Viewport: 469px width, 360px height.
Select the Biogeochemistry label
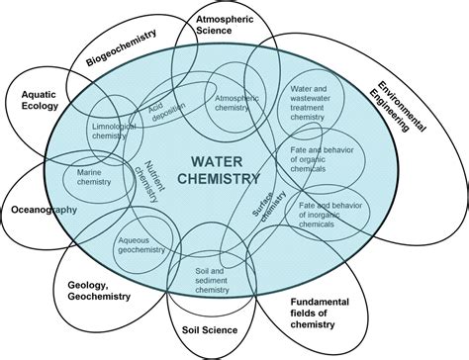coord(122,46)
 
